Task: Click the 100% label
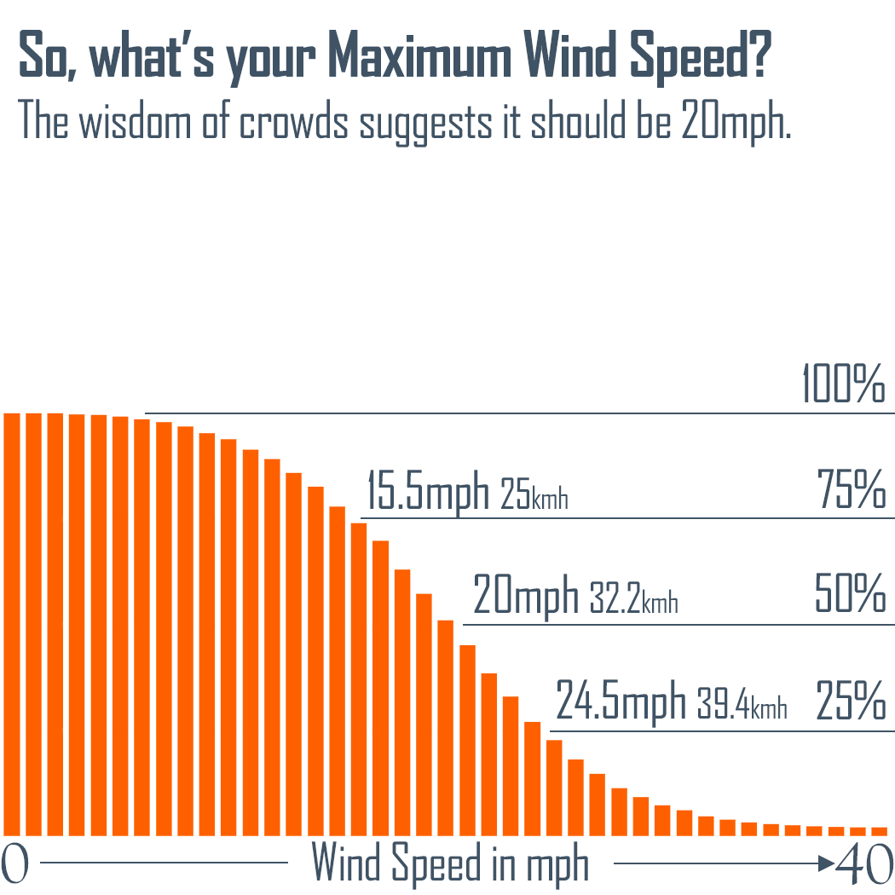pyautogui.click(x=843, y=385)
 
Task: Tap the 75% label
pyautogui.click(x=851, y=491)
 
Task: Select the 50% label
pyautogui.click(x=850, y=596)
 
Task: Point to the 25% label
pyautogui.click(x=850, y=702)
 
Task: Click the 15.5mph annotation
pyautogui.click(x=428, y=492)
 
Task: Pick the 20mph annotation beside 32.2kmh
pyautogui.click(x=526, y=597)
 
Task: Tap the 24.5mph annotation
pyautogui.click(x=621, y=702)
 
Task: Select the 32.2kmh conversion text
pyautogui.click(x=633, y=600)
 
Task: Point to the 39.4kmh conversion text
pyautogui.click(x=742, y=706)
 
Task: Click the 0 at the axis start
pyautogui.click(x=15, y=864)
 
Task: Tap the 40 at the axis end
pyautogui.click(x=863, y=864)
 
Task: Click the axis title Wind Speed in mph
pyautogui.click(x=450, y=864)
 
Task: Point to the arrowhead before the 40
pyautogui.click(x=825, y=863)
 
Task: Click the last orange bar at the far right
pyautogui.click(x=880, y=830)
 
